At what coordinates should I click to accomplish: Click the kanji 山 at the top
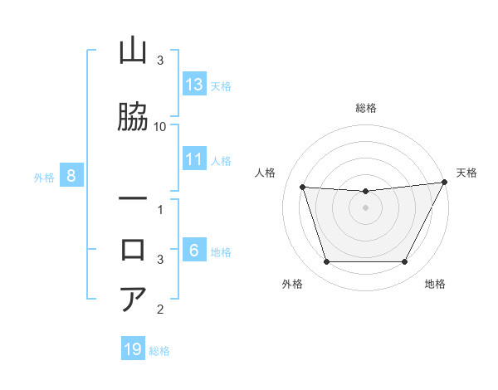134,52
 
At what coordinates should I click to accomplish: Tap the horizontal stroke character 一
134,199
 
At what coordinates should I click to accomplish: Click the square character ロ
134,249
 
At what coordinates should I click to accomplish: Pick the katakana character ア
134,299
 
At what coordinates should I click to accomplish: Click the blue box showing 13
194,85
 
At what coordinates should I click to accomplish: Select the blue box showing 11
194,159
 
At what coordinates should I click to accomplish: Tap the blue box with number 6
194,251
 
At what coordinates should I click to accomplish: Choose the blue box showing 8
71,176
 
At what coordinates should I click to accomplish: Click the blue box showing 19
133,349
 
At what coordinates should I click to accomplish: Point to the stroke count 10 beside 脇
160,126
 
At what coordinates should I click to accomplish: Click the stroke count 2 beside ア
160,310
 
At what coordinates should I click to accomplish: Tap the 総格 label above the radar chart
366,108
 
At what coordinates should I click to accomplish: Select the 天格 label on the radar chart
466,173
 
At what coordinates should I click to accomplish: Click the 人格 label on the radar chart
266,173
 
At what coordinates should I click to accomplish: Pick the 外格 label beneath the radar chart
292,285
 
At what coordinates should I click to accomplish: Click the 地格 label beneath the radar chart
435,285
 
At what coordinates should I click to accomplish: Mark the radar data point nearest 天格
445,182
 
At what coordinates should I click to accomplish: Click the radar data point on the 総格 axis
365,192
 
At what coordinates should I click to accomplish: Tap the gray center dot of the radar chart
365,207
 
